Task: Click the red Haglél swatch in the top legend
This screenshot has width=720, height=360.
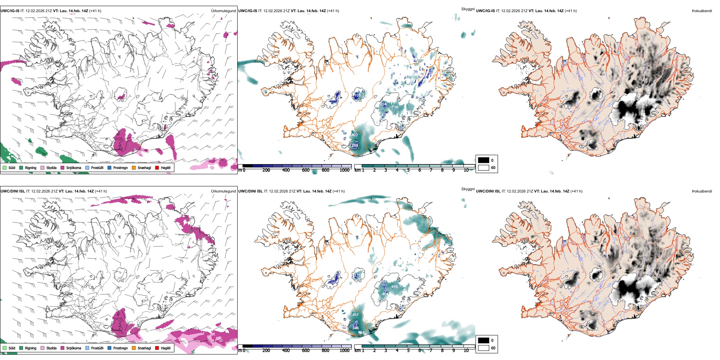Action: pos(157,167)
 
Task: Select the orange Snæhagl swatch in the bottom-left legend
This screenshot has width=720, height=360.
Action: pos(134,348)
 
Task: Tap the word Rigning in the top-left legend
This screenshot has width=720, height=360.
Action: pos(31,167)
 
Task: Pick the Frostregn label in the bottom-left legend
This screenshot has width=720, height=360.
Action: pos(120,348)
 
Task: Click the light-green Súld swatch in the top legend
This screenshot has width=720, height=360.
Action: pos(5,167)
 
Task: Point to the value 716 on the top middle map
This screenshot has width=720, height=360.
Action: pos(395,107)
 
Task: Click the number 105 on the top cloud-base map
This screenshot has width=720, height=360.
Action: pos(357,95)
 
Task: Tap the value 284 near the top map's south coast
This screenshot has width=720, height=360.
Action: pos(355,145)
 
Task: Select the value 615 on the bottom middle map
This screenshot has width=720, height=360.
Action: pos(394,286)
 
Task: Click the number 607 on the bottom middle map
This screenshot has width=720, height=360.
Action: pos(355,315)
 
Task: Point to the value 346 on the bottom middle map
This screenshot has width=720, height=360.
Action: pos(355,328)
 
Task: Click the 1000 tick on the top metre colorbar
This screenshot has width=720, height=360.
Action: pos(344,170)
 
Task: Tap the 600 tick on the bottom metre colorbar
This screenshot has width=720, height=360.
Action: pos(306,351)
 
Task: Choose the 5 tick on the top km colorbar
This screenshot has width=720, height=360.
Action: pos(408,170)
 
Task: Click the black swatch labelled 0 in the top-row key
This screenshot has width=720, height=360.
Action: pos(484,160)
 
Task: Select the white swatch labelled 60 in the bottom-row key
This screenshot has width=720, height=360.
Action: pos(484,348)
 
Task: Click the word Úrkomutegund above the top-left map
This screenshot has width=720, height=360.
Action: pos(223,11)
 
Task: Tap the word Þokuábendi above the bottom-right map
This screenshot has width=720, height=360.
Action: pos(702,191)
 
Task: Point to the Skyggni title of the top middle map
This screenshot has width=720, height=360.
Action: pos(468,9)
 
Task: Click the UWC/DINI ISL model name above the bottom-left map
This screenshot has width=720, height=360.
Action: pos(12,191)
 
